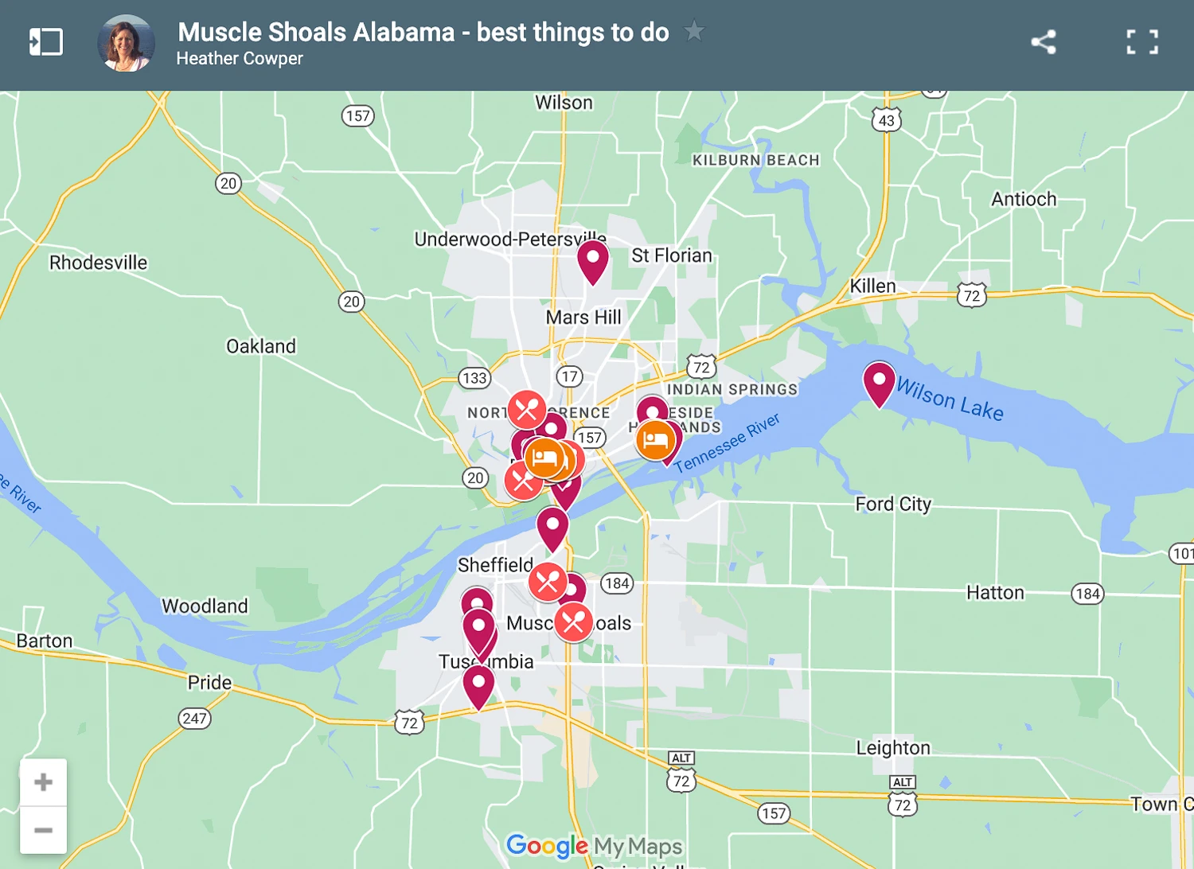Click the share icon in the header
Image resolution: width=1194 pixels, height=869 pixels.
click(1043, 42)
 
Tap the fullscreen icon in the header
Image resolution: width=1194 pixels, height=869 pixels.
click(1142, 42)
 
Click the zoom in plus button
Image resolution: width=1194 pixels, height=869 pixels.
click(44, 782)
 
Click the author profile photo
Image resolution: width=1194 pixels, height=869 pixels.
click(126, 44)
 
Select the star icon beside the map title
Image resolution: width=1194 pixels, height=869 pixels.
click(694, 31)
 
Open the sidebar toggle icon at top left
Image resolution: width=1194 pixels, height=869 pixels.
click(45, 42)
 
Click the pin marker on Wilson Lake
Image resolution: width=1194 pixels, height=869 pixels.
click(879, 381)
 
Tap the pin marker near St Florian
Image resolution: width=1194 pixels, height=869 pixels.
click(593, 260)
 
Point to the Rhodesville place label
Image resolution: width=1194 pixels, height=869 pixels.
click(98, 263)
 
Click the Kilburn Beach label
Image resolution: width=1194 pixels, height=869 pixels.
click(755, 160)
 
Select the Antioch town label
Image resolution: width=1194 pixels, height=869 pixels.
click(1024, 199)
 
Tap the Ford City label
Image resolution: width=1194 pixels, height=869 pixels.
click(892, 504)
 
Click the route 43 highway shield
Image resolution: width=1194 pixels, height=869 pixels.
click(887, 120)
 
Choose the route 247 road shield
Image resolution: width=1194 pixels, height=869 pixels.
click(194, 719)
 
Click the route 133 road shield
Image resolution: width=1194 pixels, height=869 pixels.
click(474, 378)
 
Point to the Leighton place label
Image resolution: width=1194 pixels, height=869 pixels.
click(892, 748)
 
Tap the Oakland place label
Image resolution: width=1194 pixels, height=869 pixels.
click(261, 346)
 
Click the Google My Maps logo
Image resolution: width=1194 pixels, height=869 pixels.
click(594, 845)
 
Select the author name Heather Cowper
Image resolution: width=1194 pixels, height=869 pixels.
click(240, 59)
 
